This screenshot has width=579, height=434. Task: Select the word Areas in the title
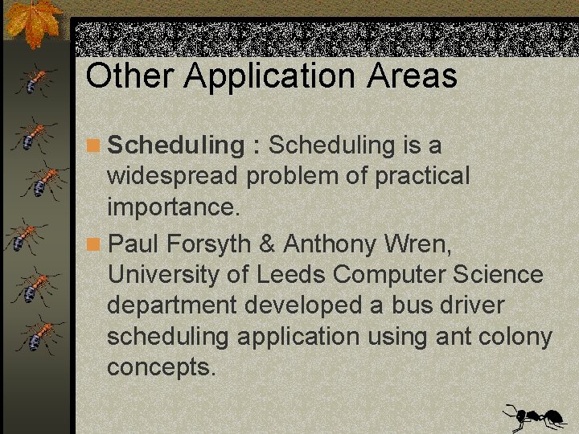click(413, 76)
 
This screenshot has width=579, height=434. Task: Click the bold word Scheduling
click(175, 146)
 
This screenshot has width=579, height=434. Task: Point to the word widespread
click(172, 176)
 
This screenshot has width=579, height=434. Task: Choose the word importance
click(173, 207)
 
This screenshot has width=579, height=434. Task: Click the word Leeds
click(290, 274)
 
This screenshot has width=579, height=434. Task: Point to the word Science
click(498, 274)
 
